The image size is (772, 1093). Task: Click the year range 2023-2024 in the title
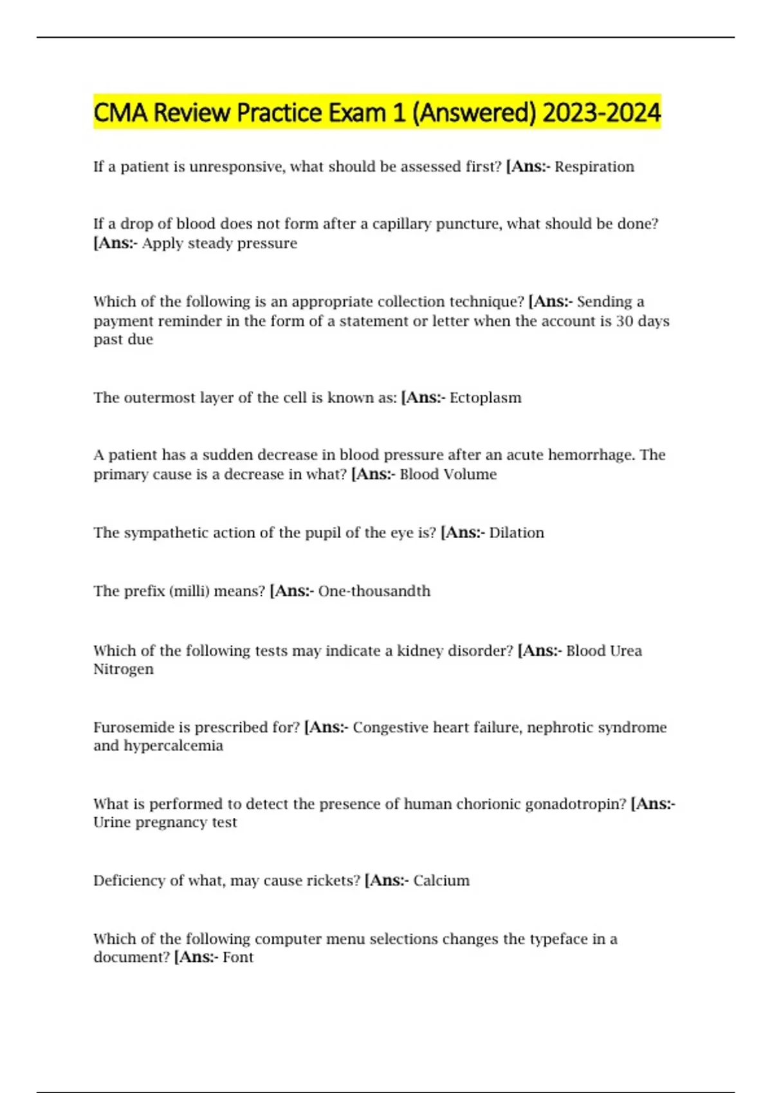coord(602,113)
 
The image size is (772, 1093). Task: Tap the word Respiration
coord(594,167)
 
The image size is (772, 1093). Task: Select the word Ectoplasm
coord(485,397)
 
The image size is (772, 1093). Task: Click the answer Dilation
coord(517,532)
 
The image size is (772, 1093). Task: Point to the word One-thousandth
coord(374,591)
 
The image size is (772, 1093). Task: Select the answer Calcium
coord(441,880)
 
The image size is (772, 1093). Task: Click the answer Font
coord(238,957)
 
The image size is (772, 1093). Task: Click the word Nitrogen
coord(124,669)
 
